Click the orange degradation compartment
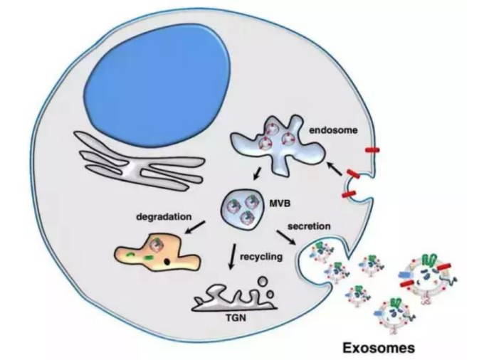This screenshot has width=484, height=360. tap(157, 255)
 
